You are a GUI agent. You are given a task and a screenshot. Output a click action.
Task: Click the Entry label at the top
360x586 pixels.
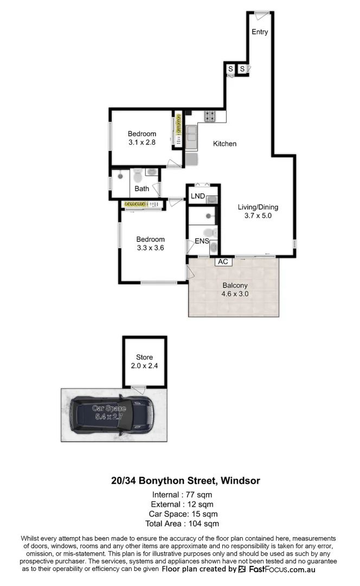tap(260, 32)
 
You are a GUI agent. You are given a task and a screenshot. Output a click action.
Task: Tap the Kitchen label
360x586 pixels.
tap(224, 144)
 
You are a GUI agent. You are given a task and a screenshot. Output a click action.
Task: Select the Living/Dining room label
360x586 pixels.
tap(258, 207)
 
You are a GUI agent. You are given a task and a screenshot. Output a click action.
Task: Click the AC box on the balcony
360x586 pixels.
tap(222, 262)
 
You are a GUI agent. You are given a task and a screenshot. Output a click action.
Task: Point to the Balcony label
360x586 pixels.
tap(235, 285)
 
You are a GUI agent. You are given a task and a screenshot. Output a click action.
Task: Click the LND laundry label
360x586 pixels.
tap(197, 196)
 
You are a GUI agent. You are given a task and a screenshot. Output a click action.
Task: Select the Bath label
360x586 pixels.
tap(142, 189)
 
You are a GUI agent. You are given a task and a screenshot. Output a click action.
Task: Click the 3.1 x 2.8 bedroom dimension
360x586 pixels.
tap(142, 143)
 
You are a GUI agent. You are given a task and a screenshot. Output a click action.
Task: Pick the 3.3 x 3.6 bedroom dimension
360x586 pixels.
tap(150, 247)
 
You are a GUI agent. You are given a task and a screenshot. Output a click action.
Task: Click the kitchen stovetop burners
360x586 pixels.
tap(209, 116)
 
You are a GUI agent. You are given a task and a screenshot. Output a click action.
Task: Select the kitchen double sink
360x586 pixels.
tap(191, 137)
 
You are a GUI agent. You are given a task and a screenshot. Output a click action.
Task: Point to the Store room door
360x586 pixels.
tap(139, 389)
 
